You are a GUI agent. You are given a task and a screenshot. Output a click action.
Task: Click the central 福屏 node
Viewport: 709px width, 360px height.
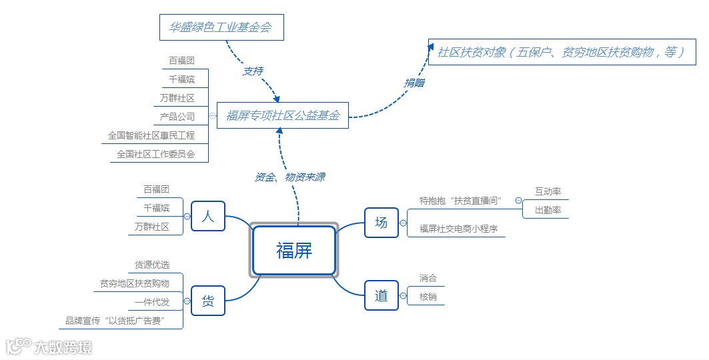[x=293, y=251]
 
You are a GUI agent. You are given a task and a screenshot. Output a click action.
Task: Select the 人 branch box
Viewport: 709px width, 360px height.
[x=208, y=216]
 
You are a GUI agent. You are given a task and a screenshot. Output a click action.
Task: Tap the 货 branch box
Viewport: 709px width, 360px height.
[x=208, y=301]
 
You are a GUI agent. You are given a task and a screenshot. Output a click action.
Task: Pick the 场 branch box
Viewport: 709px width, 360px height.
[x=381, y=223]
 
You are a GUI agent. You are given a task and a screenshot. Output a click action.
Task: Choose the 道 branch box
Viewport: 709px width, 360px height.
[x=381, y=295]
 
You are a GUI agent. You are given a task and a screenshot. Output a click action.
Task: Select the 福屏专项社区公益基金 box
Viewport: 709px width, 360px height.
[x=283, y=115]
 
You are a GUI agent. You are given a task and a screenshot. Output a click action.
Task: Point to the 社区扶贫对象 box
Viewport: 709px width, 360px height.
[x=562, y=51]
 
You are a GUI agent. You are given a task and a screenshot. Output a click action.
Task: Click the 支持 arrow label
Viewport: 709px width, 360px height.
[x=253, y=71]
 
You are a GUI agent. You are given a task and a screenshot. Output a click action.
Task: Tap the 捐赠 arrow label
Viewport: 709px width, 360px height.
[x=414, y=83]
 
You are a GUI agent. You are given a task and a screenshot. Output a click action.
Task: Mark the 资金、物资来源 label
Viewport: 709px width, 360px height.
[x=290, y=177]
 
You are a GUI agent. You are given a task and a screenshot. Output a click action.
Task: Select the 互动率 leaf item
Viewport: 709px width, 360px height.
[x=548, y=191]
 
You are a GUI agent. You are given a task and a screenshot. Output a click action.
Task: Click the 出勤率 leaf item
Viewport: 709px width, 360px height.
[x=548, y=210]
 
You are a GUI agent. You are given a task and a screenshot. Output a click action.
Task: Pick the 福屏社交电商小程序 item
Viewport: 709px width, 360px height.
[x=458, y=229]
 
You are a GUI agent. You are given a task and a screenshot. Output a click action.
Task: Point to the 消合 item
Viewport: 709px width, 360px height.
[x=428, y=278]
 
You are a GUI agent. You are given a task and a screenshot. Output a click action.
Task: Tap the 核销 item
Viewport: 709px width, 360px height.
[x=428, y=297]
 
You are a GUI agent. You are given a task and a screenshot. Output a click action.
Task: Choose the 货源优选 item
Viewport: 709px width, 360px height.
[x=152, y=265]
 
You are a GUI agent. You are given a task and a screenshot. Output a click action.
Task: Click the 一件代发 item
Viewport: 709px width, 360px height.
[x=152, y=302]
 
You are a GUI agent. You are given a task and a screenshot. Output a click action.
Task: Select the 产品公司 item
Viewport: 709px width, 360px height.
[x=177, y=117]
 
